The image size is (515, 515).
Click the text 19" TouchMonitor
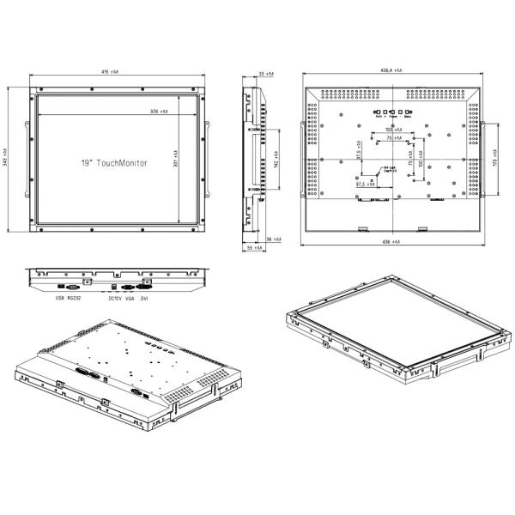pos(114,162)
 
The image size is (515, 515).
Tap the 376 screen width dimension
pos(159,112)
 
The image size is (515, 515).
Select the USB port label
pos(59,298)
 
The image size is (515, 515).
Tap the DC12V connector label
pos(114,298)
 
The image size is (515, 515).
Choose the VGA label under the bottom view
pos(130,298)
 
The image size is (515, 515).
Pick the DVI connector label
pos(145,298)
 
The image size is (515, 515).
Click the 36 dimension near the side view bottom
pos(269,238)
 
